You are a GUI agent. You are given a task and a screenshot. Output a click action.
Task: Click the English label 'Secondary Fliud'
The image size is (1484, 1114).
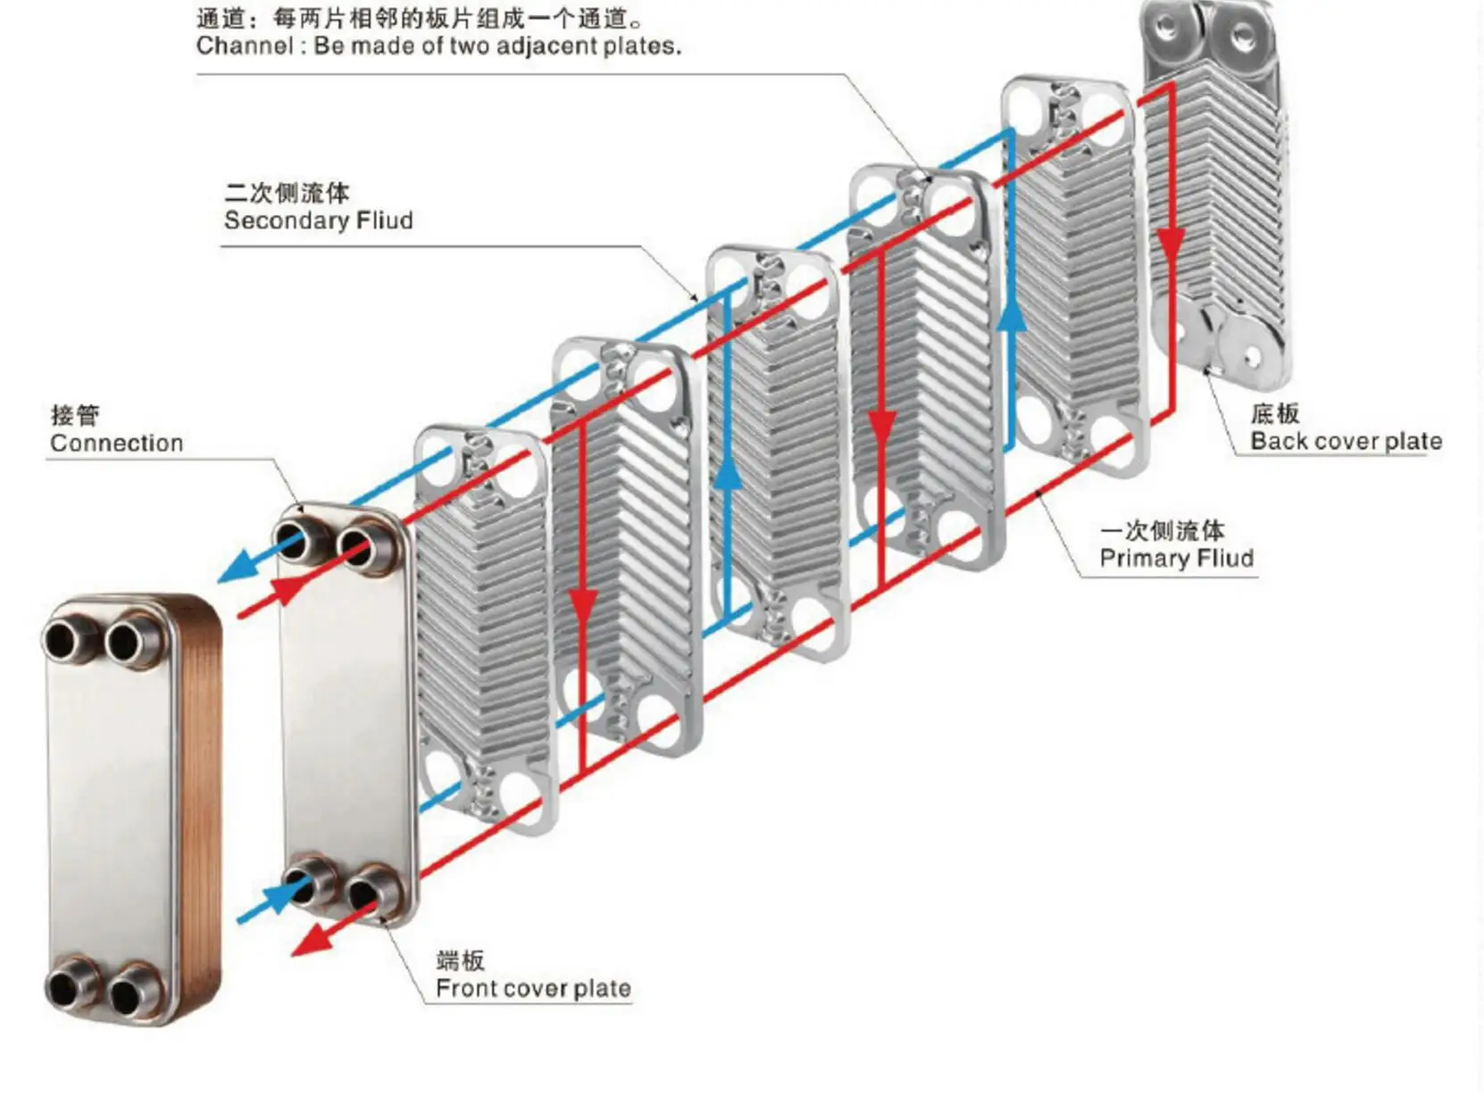[x=318, y=220]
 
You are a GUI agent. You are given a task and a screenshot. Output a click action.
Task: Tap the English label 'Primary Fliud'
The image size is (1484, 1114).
[x=1176, y=559]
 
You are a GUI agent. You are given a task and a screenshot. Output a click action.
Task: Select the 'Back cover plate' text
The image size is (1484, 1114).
[x=1346, y=441]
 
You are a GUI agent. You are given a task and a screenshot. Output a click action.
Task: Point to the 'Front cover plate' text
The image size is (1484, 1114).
[x=533, y=988]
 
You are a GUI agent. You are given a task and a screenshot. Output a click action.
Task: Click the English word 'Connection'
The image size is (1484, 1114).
[x=116, y=443]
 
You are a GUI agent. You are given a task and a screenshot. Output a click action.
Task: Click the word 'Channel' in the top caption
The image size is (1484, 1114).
[x=244, y=46]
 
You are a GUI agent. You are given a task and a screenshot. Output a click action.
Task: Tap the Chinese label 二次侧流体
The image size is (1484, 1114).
[x=287, y=192]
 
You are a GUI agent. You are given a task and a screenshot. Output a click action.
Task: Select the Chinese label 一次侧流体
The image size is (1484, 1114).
[x=1162, y=530]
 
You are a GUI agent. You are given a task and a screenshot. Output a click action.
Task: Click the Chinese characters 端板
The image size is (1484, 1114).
[x=461, y=960]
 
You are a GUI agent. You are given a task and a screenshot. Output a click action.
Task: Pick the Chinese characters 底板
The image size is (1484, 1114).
[x=1274, y=413]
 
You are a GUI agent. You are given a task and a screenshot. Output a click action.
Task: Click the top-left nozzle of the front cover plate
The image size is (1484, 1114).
[x=296, y=539]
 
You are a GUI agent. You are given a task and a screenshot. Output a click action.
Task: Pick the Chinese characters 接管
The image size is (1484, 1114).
[x=75, y=415]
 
